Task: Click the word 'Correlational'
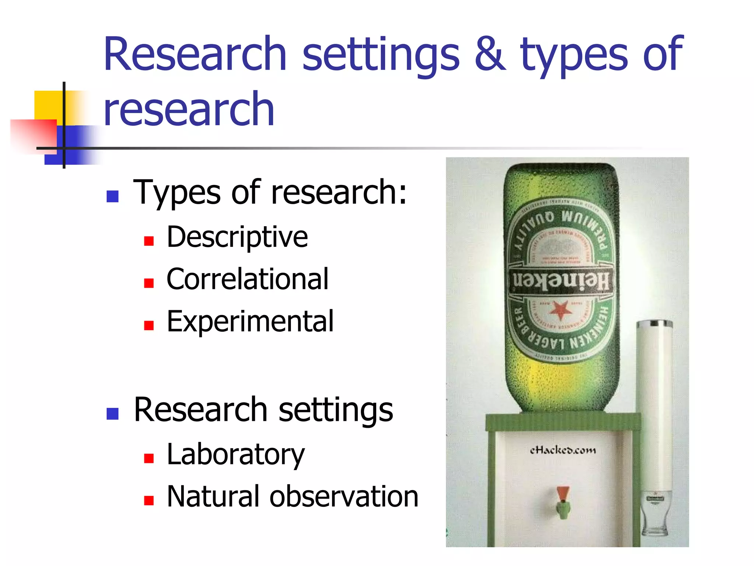tap(247, 279)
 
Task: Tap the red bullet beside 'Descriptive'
tap(149, 241)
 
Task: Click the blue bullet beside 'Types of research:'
tap(113, 196)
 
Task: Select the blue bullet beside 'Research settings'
tap(113, 414)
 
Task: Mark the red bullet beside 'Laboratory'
tap(149, 458)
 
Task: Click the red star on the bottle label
tap(560, 310)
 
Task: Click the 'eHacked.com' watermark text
tap(563, 450)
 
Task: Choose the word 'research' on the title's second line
tap(189, 109)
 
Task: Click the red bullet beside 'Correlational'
tap(149, 283)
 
